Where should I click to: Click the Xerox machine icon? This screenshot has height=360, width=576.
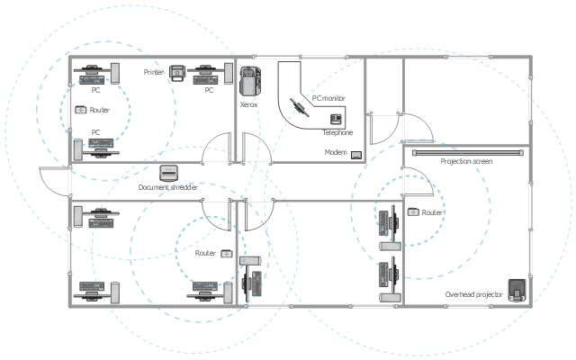tap(249, 81)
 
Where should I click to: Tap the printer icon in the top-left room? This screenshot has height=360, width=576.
tap(178, 71)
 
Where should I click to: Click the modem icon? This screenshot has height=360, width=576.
tap(356, 154)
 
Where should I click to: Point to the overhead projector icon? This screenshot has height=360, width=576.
tap(517, 290)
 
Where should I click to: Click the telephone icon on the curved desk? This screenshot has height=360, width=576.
tap(337, 119)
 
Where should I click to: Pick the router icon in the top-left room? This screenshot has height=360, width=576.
tap(81, 110)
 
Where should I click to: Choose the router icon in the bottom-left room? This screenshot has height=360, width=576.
tap(226, 254)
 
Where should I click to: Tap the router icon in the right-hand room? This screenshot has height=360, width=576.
tap(413, 212)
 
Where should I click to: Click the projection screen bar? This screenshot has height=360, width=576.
tap(467, 152)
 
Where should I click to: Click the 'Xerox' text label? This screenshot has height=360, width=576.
tap(248, 104)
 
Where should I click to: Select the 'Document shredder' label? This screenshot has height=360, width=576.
tap(167, 187)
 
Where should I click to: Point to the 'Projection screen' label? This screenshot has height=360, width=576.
tap(466, 161)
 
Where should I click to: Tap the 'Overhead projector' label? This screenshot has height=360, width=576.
tap(473, 294)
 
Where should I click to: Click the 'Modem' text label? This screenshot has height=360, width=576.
tap(336, 153)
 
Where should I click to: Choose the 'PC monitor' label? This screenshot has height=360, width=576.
tap(328, 98)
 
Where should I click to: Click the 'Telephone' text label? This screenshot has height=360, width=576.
tap(337, 132)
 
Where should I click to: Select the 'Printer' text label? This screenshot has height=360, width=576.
tap(154, 71)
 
